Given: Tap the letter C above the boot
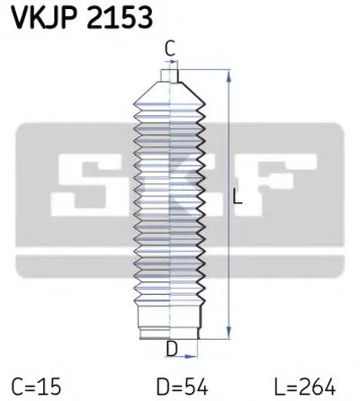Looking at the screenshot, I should tap(168, 49).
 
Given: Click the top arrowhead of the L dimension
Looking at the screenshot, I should tap(228, 72).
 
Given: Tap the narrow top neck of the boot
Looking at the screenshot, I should tap(168, 77).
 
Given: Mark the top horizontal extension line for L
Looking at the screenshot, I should tap(202, 67).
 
